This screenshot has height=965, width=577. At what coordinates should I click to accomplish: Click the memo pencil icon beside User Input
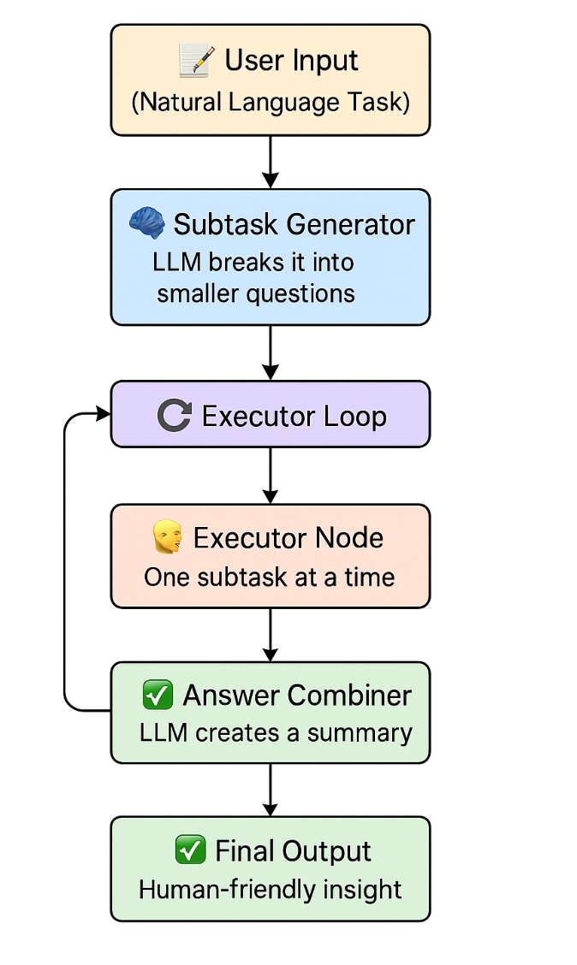[x=195, y=62]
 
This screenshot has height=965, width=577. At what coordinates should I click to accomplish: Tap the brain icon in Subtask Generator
[x=146, y=223]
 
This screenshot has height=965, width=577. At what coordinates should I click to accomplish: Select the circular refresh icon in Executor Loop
[x=174, y=416]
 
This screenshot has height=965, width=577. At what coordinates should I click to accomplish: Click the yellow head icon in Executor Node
[x=167, y=538]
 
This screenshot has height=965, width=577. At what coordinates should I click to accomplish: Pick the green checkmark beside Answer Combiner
[x=158, y=696]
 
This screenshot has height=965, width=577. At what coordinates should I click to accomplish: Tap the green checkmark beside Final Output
[x=189, y=850]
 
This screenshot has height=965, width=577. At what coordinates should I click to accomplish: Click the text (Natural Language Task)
[x=271, y=103]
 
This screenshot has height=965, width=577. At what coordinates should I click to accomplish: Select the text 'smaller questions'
[x=255, y=293]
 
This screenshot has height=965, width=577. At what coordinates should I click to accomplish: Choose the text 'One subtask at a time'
[x=269, y=577]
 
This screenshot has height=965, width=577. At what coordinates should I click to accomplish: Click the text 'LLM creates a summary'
[x=276, y=733]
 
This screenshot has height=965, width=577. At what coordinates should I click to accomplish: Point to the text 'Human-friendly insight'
[x=270, y=889]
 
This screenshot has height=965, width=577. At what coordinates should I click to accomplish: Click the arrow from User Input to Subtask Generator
[x=271, y=163]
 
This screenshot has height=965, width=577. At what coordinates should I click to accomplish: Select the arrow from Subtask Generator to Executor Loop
[x=271, y=352]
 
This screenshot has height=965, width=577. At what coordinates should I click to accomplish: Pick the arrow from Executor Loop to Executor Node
[x=271, y=476]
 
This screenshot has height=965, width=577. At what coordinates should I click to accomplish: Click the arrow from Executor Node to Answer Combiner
[x=271, y=635]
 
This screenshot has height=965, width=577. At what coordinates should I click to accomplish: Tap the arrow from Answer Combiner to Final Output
[x=271, y=790]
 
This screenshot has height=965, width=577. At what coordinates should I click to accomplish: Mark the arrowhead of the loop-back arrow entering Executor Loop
[x=103, y=415]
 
